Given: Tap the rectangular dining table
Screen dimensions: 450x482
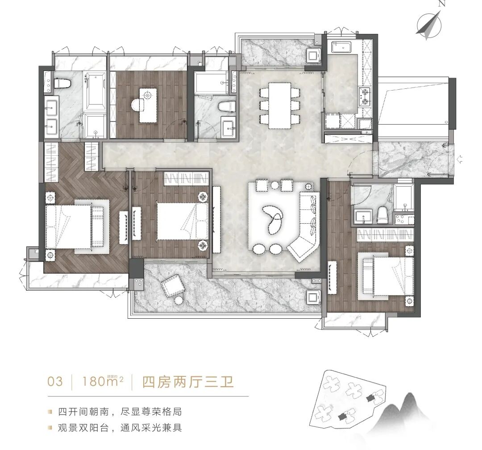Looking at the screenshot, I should [x=280, y=105].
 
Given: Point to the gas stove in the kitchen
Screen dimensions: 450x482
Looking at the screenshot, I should [x=365, y=96].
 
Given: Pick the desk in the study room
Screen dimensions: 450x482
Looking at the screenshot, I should [x=148, y=105].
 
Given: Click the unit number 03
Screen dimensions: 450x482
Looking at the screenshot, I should [x=55, y=382].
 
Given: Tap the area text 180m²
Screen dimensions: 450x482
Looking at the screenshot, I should [x=102, y=382].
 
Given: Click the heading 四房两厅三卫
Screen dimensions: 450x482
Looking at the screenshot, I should [x=187, y=382].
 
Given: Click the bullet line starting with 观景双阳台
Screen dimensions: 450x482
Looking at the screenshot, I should [x=120, y=428].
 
